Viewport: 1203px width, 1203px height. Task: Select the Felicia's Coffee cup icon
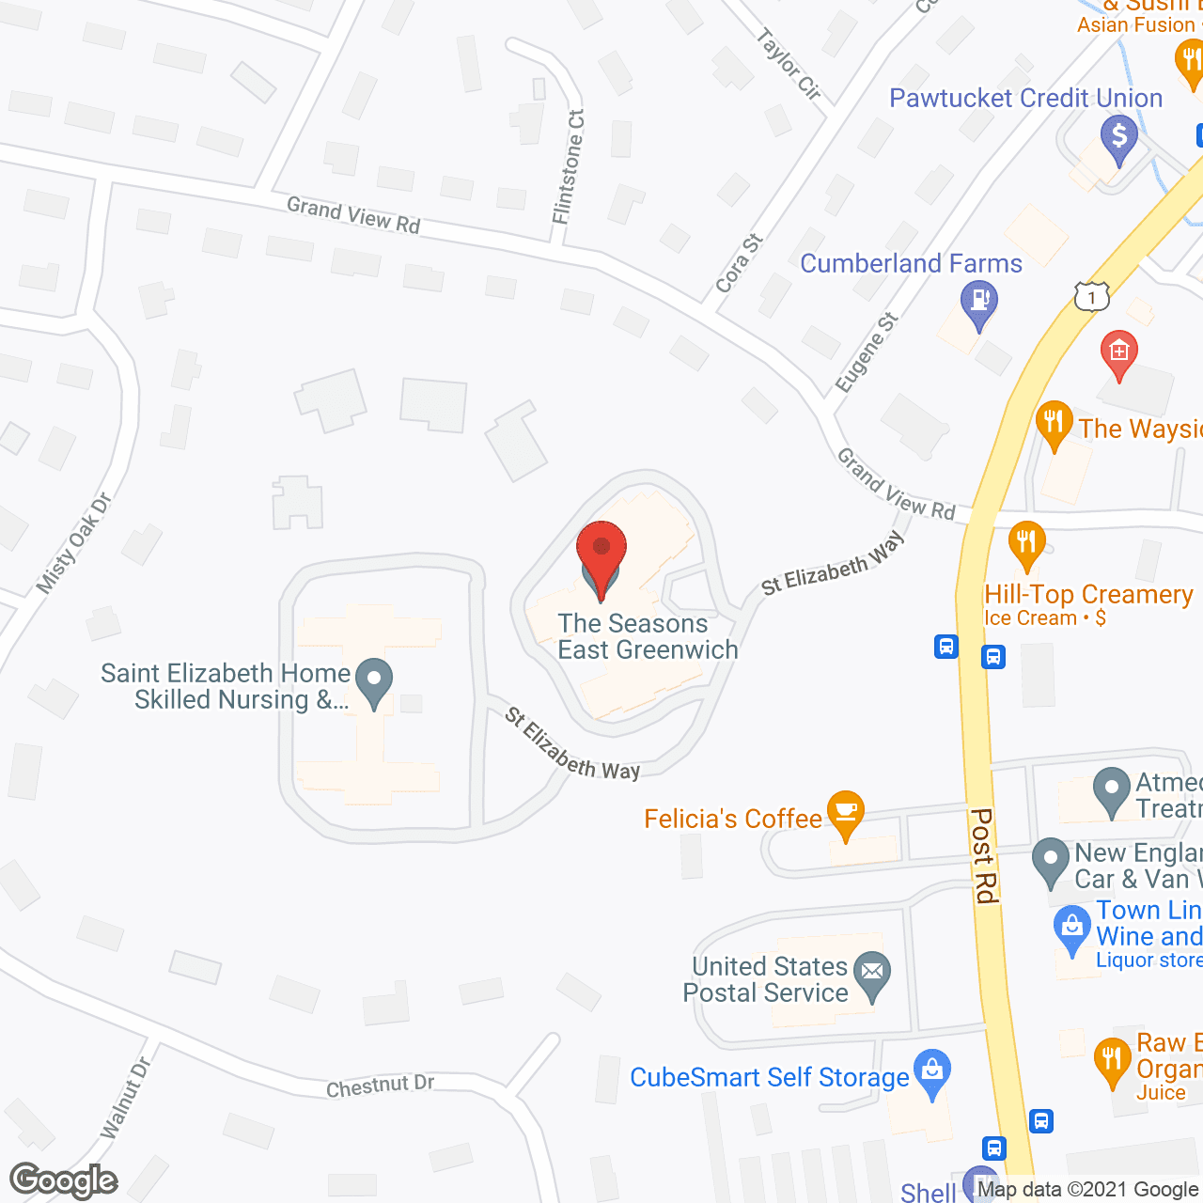pyautogui.click(x=846, y=811)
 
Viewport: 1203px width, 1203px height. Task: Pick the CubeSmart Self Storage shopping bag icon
pyautogui.click(x=931, y=1071)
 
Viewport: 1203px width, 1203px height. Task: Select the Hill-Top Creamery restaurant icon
pyautogui.click(x=1026, y=542)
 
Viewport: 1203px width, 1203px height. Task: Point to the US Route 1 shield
pyautogui.click(x=1091, y=297)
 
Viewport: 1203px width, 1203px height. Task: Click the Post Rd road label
pyautogui.click(x=984, y=855)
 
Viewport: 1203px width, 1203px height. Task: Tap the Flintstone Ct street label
pyautogui.click(x=569, y=167)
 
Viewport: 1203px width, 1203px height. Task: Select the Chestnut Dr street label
pyautogui.click(x=380, y=1086)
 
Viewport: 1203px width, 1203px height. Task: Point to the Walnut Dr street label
pyautogui.click(x=126, y=1098)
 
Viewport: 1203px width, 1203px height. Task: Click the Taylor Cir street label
pyautogui.click(x=789, y=64)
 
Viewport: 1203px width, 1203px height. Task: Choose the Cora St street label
pyautogui.click(x=739, y=263)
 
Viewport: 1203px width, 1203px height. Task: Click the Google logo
pyautogui.click(x=64, y=1180)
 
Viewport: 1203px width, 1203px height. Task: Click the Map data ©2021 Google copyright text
pyautogui.click(x=1087, y=1190)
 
